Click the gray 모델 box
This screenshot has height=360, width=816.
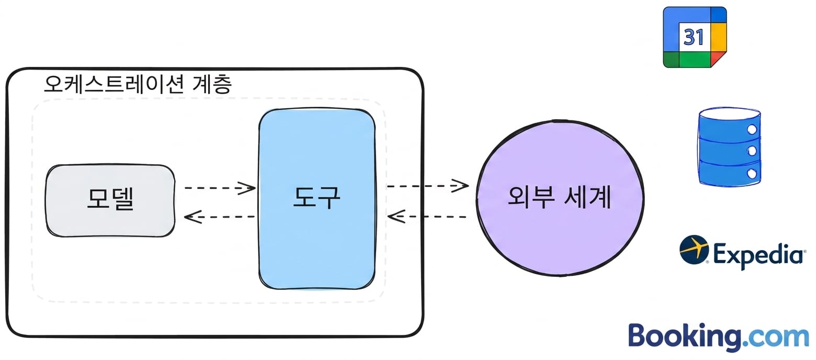pyautogui.click(x=110, y=201)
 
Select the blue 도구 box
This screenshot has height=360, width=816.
pyautogui.click(x=317, y=199)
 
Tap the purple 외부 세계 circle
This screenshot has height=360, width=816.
pyautogui.click(x=560, y=198)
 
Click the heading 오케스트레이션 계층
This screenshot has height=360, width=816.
pyautogui.click(x=138, y=84)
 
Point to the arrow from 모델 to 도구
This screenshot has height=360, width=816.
pyautogui.click(x=220, y=188)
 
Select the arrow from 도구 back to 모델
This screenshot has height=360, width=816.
pyautogui.click(x=219, y=217)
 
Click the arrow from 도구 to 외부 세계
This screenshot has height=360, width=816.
pyautogui.click(x=427, y=186)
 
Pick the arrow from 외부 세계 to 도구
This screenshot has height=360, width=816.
pyautogui.click(x=427, y=217)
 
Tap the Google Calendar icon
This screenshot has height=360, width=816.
pyautogui.click(x=695, y=37)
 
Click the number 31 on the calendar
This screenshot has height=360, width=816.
pyautogui.click(x=694, y=37)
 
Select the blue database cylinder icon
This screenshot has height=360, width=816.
pyautogui.click(x=729, y=147)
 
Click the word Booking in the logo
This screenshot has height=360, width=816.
pyautogui.click(x=685, y=336)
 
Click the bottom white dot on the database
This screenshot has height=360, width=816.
pyautogui.click(x=752, y=173)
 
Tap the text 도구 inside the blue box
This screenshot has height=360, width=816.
pyautogui.click(x=317, y=197)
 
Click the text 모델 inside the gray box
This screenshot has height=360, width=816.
pyautogui.click(x=110, y=199)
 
